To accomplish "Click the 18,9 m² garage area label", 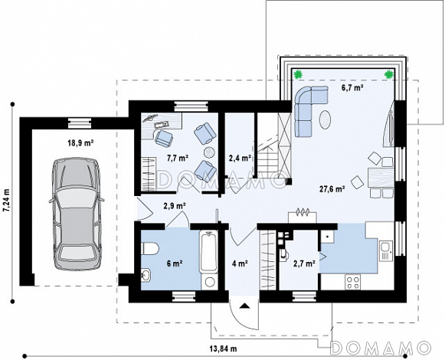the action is point(80,143).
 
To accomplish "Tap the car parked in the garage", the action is point(77,214).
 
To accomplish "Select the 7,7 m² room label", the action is point(178,158).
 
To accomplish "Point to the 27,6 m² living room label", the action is point(332,189).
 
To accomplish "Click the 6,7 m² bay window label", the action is point(352,88).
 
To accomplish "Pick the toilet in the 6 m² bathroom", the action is point(150,248).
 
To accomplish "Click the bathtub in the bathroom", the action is point(209,252).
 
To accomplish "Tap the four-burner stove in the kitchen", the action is point(353,282).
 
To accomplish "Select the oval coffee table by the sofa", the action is point(325,119).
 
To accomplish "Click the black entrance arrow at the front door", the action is point(244,306).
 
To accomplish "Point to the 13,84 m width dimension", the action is point(224,349).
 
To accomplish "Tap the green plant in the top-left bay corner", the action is point(298,74).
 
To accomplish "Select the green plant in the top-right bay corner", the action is point(389,74).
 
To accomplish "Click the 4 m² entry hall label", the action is point(240,263).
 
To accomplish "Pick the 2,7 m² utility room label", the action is point(305,263).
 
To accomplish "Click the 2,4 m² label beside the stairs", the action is point(240,158).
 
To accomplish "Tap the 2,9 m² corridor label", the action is point(175,205).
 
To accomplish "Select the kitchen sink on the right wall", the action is point(386,250).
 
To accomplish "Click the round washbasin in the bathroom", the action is point(146,275).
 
